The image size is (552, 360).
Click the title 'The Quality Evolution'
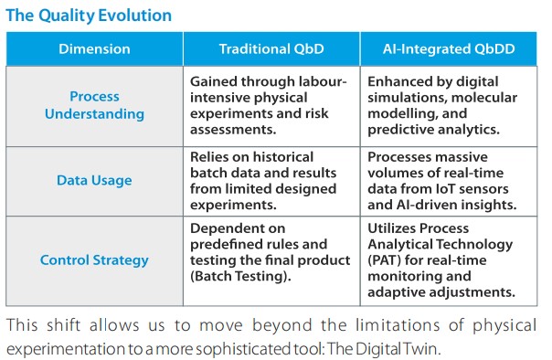coord(89,16)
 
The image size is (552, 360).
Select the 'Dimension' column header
coord(94,49)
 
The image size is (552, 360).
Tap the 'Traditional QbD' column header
coord(271,49)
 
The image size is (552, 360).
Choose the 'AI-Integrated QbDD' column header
coord(449,49)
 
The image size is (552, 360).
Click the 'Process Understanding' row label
coord(94,105)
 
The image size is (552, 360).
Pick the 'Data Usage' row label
coord(94,180)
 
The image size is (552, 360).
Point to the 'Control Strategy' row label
coord(94,260)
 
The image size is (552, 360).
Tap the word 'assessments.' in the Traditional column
coord(233,130)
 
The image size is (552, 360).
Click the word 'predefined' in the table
coord(228,244)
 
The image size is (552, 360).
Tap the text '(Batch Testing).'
coord(240,276)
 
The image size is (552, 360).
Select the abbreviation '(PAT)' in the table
coord(385,260)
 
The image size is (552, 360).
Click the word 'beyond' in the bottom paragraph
coord(282,325)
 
